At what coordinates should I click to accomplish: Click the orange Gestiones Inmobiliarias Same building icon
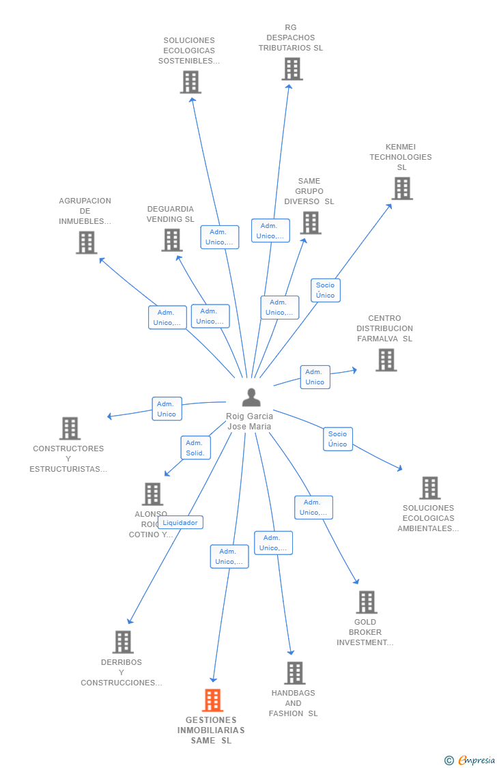pyautogui.click(x=212, y=700)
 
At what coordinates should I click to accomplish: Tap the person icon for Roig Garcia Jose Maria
pyautogui.click(x=251, y=397)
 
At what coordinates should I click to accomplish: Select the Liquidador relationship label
pyautogui.click(x=180, y=522)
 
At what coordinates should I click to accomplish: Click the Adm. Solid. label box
pyautogui.click(x=195, y=448)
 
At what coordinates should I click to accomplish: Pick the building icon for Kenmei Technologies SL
pyautogui.click(x=402, y=188)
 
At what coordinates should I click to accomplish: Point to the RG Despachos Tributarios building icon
pyautogui.click(x=292, y=69)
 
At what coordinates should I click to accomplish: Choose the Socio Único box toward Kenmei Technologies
pyautogui.click(x=326, y=290)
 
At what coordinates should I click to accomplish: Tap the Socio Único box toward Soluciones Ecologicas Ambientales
pyautogui.click(x=337, y=439)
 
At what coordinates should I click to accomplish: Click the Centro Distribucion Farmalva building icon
pyautogui.click(x=386, y=360)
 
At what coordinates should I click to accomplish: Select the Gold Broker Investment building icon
pyautogui.click(x=367, y=602)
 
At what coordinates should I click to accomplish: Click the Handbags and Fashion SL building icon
pyautogui.click(x=294, y=673)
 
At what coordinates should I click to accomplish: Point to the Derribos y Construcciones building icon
pyautogui.click(x=123, y=642)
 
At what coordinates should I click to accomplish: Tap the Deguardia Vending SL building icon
pyautogui.click(x=171, y=240)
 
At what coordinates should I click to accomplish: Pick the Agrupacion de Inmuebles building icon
pyautogui.click(x=86, y=242)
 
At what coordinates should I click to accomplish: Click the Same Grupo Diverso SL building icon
pyautogui.click(x=310, y=223)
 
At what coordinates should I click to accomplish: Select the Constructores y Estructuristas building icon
pyautogui.click(x=70, y=429)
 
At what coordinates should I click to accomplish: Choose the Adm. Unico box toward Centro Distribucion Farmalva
pyautogui.click(x=315, y=377)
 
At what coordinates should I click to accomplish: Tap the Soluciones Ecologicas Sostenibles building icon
pyautogui.click(x=190, y=82)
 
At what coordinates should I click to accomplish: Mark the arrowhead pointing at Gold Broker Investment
pyautogui.click(x=356, y=582)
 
